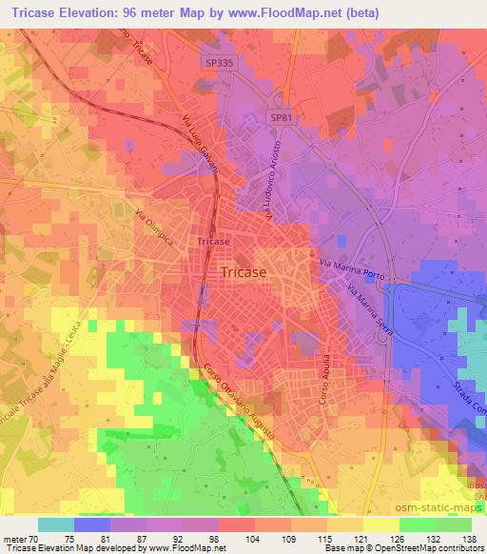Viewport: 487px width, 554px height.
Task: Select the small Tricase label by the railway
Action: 213,242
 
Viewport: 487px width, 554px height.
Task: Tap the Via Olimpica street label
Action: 154,229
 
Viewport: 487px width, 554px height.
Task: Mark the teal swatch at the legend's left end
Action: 55,524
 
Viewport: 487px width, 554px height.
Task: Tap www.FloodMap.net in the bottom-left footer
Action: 182,548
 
